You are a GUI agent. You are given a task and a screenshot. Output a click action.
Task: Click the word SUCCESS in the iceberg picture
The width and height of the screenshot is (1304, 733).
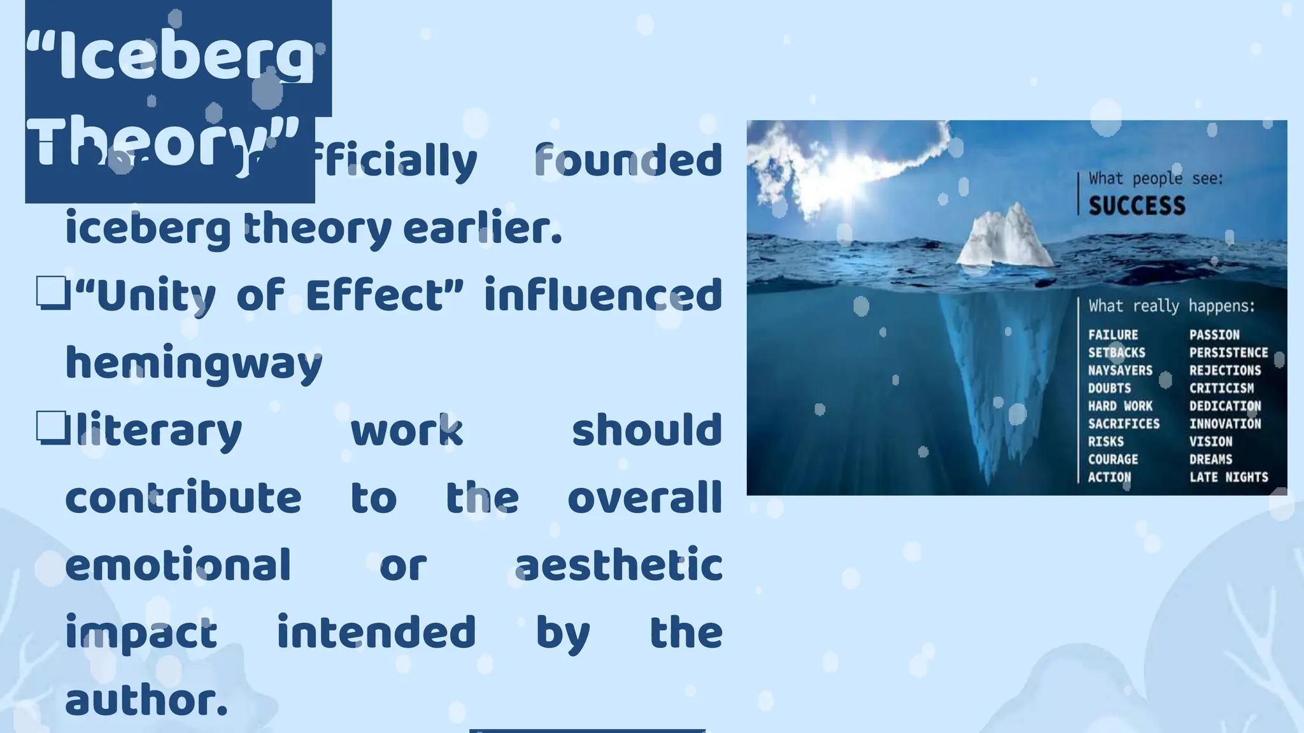[1137, 206]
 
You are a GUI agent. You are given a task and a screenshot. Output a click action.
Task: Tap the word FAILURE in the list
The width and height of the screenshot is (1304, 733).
[1112, 335]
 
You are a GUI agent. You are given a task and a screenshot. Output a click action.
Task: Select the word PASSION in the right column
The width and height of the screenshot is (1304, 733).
[1214, 335]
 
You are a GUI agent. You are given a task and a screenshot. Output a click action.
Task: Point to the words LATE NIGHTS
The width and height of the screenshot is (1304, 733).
[1228, 477]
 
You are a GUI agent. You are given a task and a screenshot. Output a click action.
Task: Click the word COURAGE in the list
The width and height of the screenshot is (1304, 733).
[1112, 459]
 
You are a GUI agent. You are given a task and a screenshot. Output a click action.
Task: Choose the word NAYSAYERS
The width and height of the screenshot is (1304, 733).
[1120, 370]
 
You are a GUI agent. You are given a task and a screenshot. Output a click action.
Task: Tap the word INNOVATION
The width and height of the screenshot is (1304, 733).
[1225, 424]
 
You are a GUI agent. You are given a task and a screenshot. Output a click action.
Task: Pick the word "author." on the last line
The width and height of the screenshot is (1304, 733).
[146, 700]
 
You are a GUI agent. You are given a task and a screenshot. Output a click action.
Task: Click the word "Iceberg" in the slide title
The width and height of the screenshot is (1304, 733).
[172, 59]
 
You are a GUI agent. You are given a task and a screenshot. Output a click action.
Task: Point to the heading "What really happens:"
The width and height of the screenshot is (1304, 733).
[1172, 306]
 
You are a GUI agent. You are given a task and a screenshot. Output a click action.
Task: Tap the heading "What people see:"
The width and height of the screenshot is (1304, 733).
[1156, 178]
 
